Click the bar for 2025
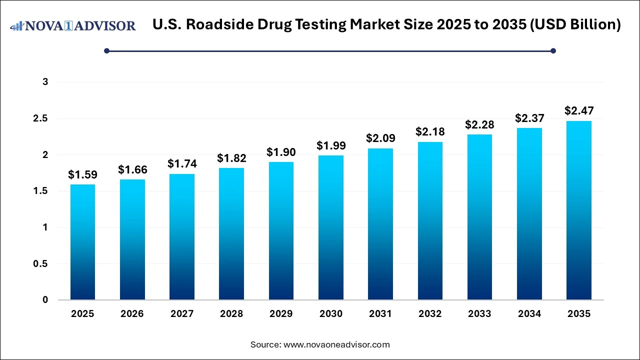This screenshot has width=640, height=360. pyautogui.click(x=82, y=242)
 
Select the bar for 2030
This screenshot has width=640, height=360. pyautogui.click(x=331, y=228)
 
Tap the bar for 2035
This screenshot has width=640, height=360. pyautogui.click(x=579, y=210)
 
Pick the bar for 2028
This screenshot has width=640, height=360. pyautogui.click(x=231, y=234)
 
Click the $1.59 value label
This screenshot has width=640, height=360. pyautogui.click(x=82, y=175)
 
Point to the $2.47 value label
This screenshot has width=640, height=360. pyautogui.click(x=579, y=111)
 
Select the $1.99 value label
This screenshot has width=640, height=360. pyautogui.click(x=331, y=146)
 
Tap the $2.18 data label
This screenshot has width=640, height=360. pyautogui.click(x=430, y=132)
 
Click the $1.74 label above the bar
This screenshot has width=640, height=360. pyautogui.click(x=182, y=164)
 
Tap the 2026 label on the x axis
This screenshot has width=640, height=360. pyautogui.click(x=132, y=314)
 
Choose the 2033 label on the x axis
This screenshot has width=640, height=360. pyautogui.click(x=479, y=314)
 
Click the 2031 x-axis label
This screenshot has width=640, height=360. pyautogui.click(x=380, y=314)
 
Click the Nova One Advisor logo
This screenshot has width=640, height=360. pyautogui.click(x=73, y=25)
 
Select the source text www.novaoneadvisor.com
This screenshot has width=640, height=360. pyautogui.click(x=336, y=344)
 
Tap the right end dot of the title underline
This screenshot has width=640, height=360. pyautogui.click(x=553, y=50)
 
